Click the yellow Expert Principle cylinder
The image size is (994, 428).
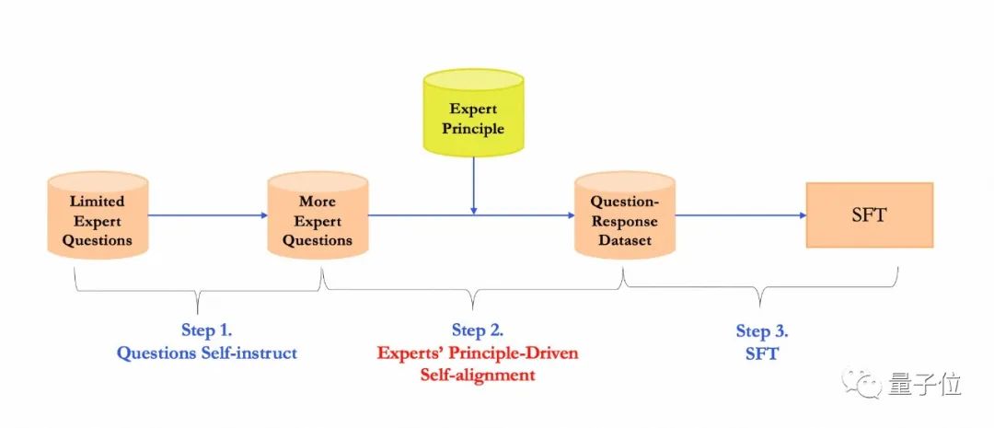pyautogui.click(x=473, y=115)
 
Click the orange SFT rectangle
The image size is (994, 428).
pyautogui.click(x=870, y=215)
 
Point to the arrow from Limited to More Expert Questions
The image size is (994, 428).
pyautogui.click(x=207, y=215)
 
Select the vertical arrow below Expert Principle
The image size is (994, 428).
pyautogui.click(x=473, y=184)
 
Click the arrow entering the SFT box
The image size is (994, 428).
pyautogui.click(x=741, y=215)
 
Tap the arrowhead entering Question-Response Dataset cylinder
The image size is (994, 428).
pyautogui.click(x=570, y=215)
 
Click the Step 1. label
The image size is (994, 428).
pyautogui.click(x=207, y=330)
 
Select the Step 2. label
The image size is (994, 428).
pyautogui.click(x=478, y=330)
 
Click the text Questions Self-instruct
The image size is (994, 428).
pyautogui.click(x=207, y=353)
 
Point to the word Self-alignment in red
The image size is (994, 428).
pyautogui.click(x=478, y=375)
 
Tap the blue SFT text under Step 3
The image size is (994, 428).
pyautogui.click(x=762, y=353)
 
